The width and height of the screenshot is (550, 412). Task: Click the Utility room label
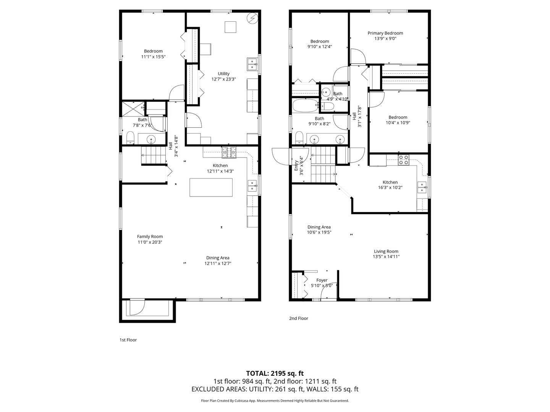click(223, 74)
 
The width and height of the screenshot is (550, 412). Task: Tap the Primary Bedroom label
click(385, 33)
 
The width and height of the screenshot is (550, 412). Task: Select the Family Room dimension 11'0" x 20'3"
click(150, 242)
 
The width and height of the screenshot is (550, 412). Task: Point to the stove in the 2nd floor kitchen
click(403, 159)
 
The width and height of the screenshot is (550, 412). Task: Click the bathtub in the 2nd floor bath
click(305, 105)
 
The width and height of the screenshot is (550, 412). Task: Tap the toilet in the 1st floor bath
click(130, 138)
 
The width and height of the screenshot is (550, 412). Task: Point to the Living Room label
click(386, 251)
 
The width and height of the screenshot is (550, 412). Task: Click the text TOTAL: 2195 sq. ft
click(275, 373)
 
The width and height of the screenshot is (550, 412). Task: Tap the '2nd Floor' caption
click(298, 318)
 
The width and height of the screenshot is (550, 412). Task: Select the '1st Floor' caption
click(128, 340)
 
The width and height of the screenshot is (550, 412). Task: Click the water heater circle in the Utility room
click(252, 18)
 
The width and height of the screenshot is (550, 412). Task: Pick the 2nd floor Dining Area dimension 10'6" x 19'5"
click(319, 232)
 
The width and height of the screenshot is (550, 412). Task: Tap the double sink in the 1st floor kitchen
click(252, 186)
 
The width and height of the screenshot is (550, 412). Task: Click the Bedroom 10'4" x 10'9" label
click(398, 122)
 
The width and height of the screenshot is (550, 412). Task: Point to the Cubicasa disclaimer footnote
click(275, 401)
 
